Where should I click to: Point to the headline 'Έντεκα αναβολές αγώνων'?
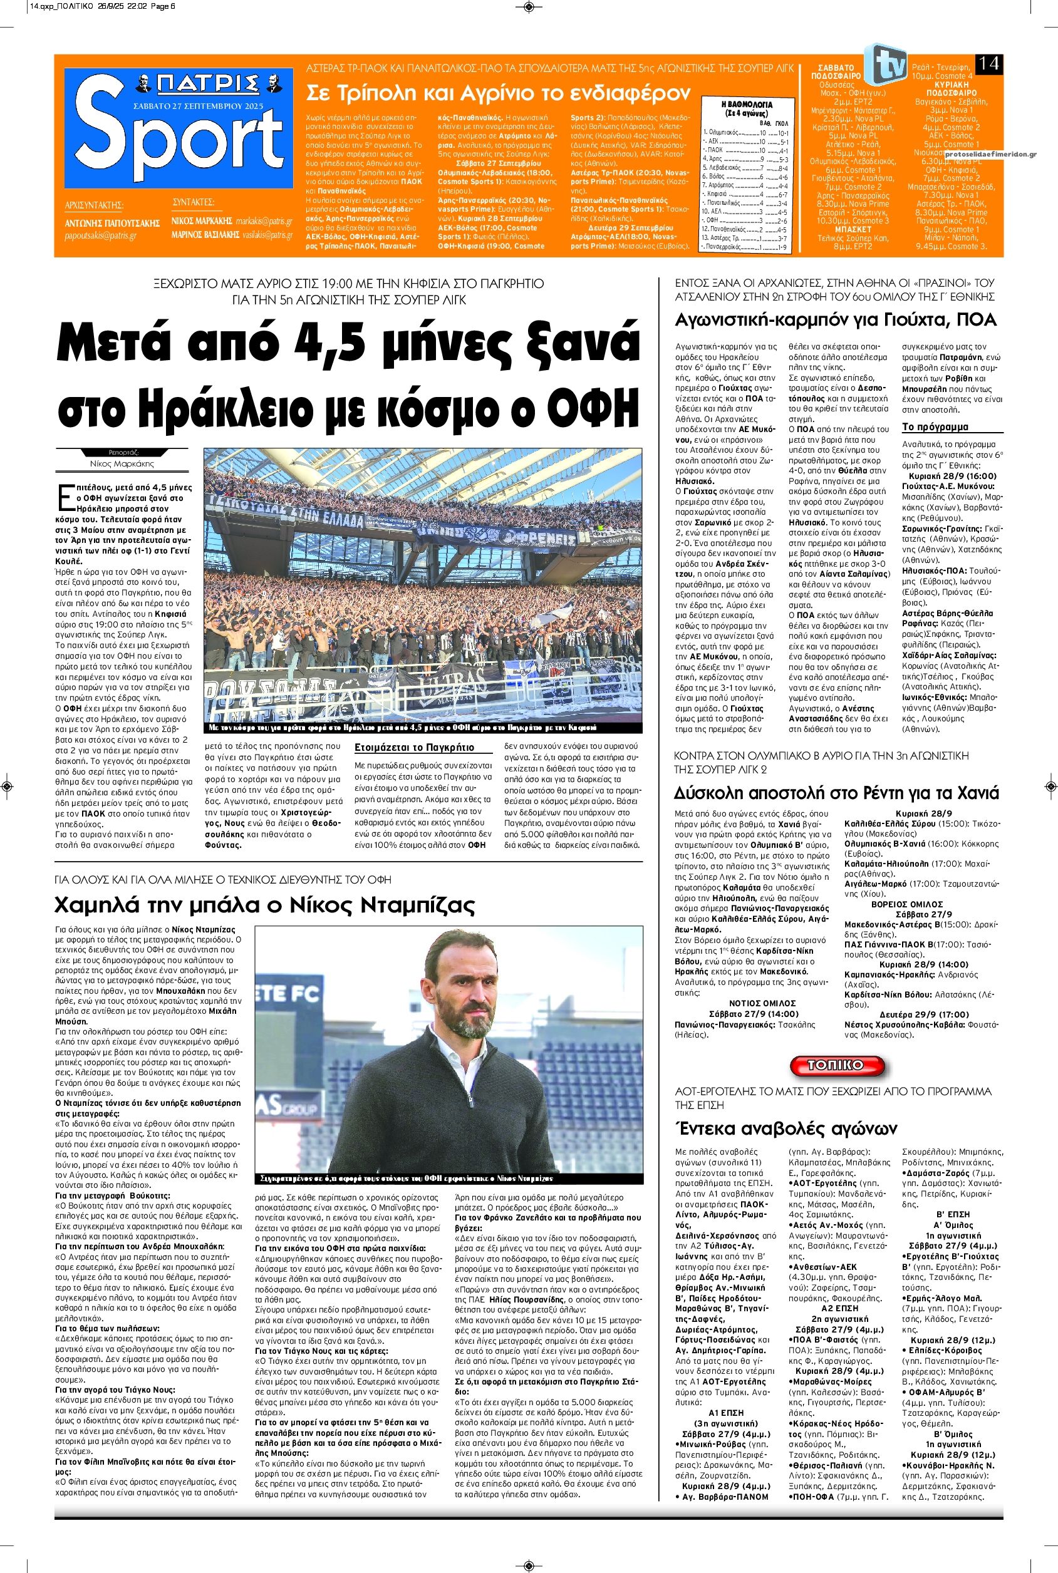click(x=786, y=1128)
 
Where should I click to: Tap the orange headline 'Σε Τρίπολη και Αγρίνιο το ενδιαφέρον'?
click(x=498, y=93)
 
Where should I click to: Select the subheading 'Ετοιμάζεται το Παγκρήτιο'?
click(x=414, y=748)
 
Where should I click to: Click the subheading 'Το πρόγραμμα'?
click(x=935, y=427)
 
